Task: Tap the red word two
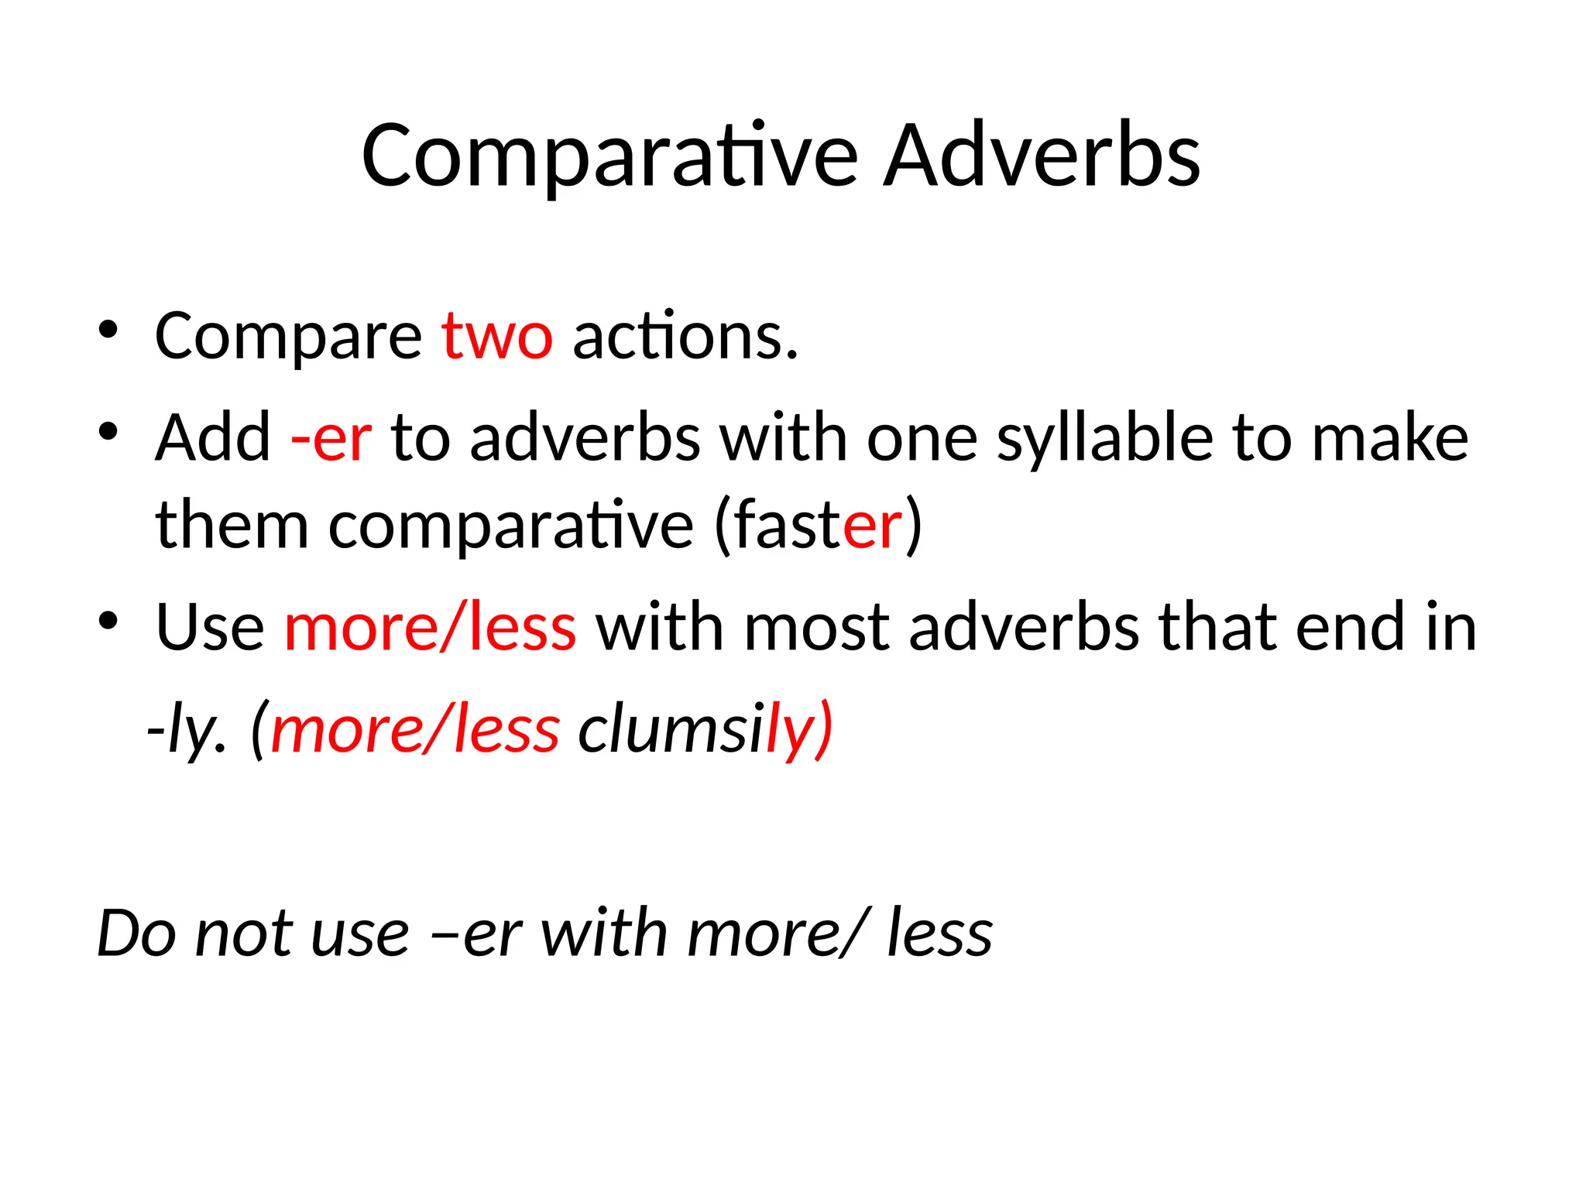(x=497, y=337)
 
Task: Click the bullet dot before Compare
(x=108, y=331)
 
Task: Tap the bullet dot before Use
(x=108, y=621)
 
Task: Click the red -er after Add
(x=331, y=439)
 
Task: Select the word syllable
(x=1104, y=439)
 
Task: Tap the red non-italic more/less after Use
(x=431, y=628)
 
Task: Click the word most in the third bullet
(x=817, y=628)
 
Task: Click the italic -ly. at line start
(x=187, y=730)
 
